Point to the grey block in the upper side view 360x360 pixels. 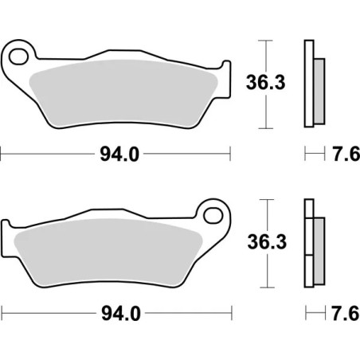[x=319, y=84]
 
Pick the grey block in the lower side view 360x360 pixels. [x=319, y=243]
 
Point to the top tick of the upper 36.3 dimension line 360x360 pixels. [x=265, y=39]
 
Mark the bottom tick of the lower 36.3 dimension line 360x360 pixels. [x=265, y=285]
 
